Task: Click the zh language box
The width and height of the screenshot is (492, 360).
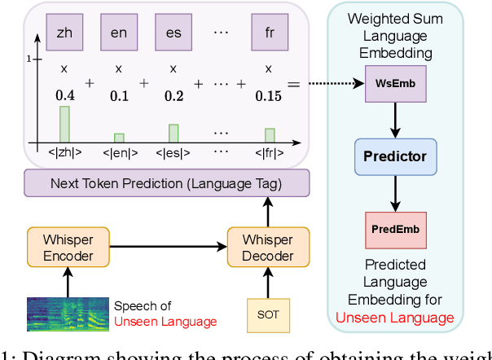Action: pos(64,33)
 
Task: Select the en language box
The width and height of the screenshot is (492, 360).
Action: pos(119,33)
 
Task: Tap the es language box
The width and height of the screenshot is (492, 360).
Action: pos(173,33)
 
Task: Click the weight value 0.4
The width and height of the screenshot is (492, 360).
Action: pos(64,95)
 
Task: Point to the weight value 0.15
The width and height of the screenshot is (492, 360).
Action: pos(270,95)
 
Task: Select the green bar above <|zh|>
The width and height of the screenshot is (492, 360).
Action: pos(64,123)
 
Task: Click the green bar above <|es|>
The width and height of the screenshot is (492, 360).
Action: pos(173,132)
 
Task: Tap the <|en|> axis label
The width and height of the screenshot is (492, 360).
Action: pos(119,151)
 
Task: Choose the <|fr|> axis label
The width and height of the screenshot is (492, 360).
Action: pos(270,151)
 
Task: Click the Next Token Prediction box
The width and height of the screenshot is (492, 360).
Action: pos(166,185)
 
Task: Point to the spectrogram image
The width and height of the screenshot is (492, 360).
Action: pos(68,314)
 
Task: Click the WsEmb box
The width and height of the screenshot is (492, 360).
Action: pos(394,85)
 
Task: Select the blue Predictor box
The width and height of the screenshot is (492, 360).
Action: pos(394,156)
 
